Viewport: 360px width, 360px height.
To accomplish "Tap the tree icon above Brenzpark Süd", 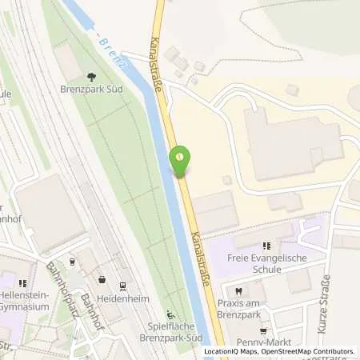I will click(90, 78).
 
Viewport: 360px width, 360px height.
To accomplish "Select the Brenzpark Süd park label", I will click(90, 90).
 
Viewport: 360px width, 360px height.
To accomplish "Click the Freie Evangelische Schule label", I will click(266, 263).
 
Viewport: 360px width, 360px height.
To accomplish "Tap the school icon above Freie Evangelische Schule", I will click(266, 245).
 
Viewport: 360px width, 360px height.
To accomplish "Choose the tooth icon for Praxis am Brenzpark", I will click(238, 291).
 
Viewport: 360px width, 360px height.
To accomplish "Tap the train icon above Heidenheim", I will click(122, 285).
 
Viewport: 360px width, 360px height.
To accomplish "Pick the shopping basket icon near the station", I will click(102, 279).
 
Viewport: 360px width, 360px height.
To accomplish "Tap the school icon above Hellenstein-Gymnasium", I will click(24, 282).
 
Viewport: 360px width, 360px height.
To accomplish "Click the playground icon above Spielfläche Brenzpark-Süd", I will click(169, 314).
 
